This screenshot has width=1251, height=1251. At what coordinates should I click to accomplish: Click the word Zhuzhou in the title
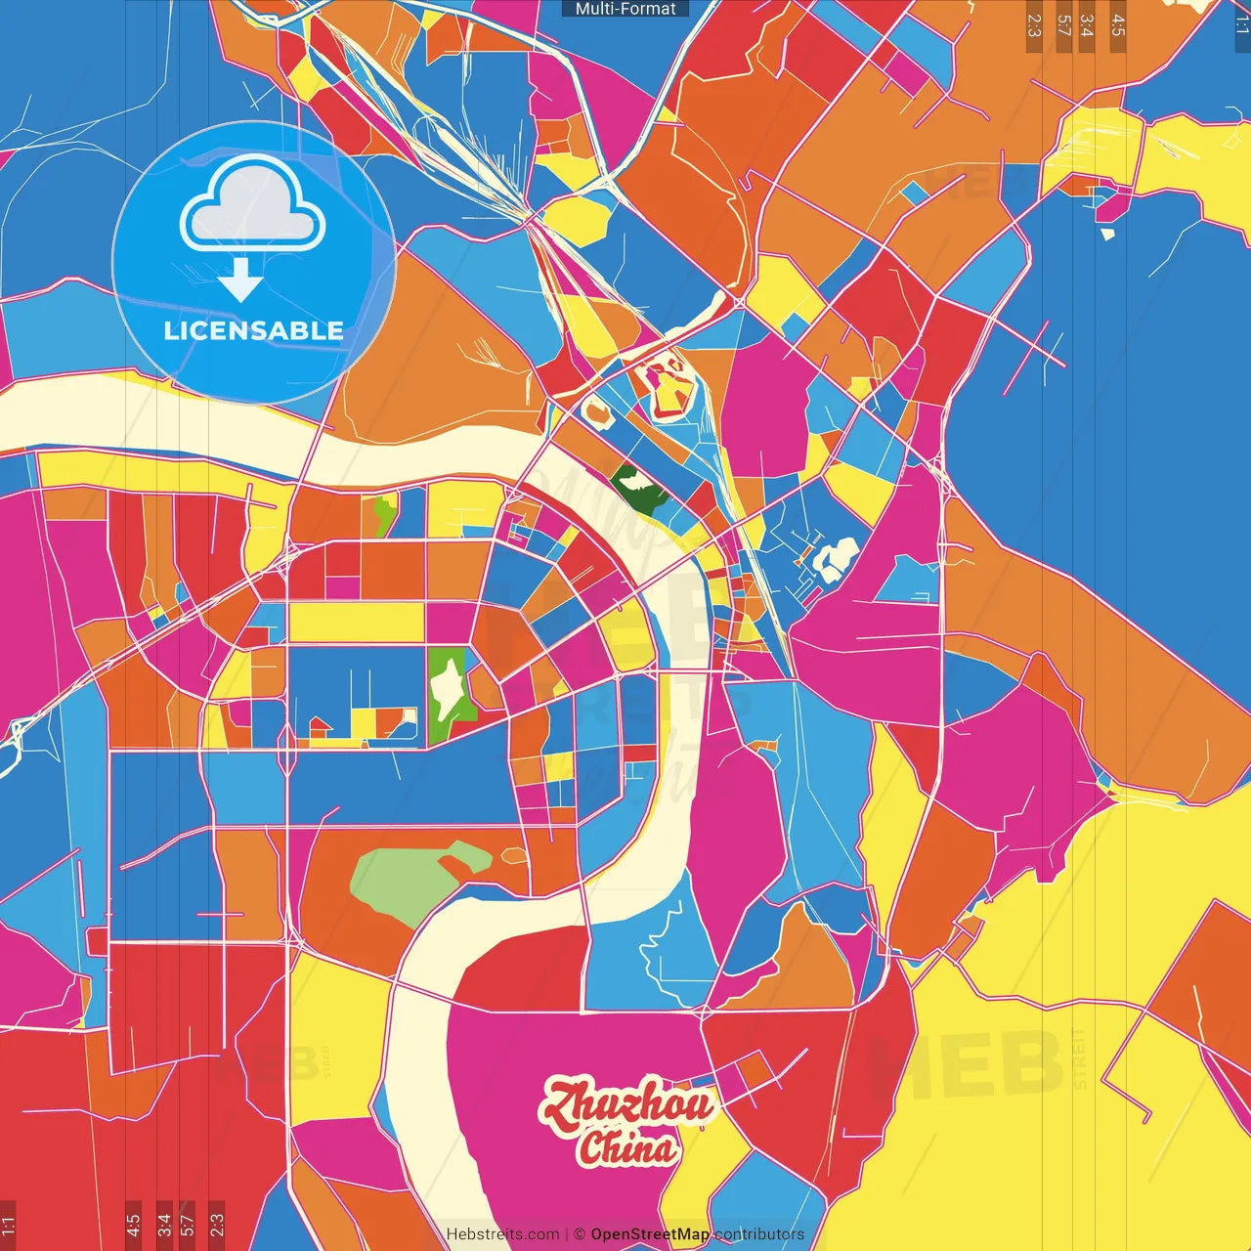[x=627, y=1105]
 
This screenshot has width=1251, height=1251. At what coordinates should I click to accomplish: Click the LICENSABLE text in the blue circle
[x=253, y=330]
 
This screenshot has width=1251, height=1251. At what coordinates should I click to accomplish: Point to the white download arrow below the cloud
[x=239, y=280]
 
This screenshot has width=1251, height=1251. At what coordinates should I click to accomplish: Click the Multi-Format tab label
[x=625, y=9]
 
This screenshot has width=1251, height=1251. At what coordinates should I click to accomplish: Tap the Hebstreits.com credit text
[x=502, y=1234]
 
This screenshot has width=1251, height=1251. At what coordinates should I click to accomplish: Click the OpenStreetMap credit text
[x=650, y=1234]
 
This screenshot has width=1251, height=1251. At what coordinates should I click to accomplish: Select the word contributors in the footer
[x=759, y=1234]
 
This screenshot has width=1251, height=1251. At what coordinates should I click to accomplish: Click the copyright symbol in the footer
[x=580, y=1234]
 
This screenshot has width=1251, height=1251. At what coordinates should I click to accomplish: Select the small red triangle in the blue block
[x=319, y=725]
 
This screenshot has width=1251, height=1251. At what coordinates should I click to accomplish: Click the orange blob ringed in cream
[x=596, y=411]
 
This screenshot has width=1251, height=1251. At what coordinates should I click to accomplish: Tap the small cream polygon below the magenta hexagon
[x=1107, y=234]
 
